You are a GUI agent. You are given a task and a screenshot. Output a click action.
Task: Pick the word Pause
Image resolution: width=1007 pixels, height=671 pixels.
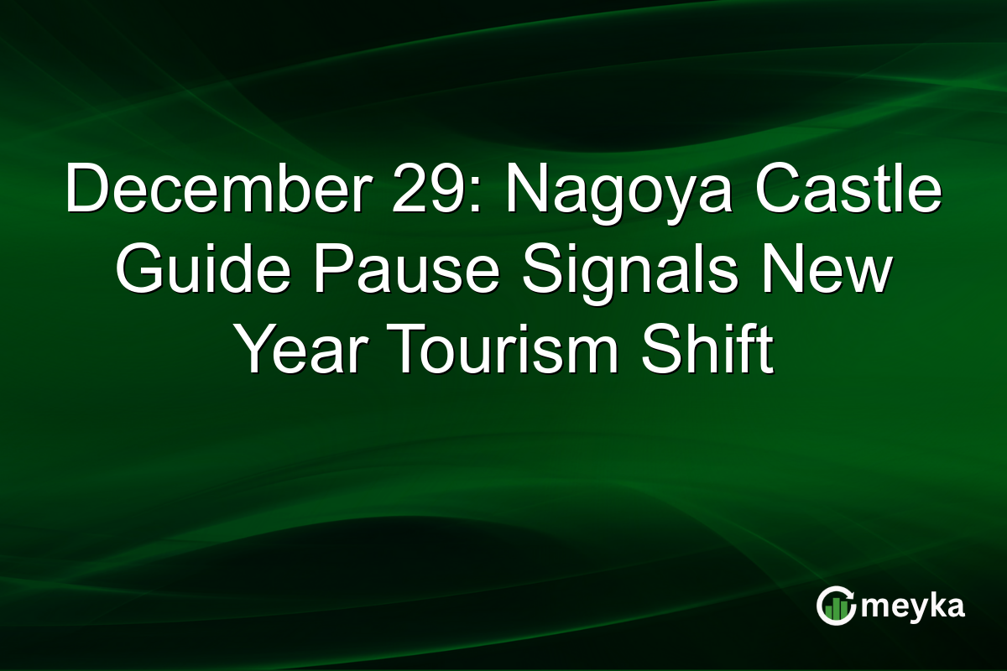click(389, 272)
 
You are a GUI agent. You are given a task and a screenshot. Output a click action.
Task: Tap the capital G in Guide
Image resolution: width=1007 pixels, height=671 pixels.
click(138, 272)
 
